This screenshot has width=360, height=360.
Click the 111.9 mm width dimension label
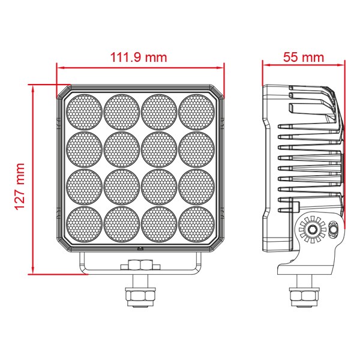pos(139,58)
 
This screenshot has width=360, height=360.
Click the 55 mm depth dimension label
pos(303,57)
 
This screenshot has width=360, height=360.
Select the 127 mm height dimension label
pos(20,187)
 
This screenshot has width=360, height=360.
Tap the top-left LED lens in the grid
pos(84,112)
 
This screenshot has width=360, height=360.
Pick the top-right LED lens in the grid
pos(197,112)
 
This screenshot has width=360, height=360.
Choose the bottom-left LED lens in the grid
pos(84,224)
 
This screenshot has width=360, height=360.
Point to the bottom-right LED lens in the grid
pos(197,224)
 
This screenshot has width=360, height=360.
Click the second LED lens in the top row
pos(122,112)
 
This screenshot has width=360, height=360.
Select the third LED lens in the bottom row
pos(159,224)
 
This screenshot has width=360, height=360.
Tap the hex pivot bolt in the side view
pos(312,229)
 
